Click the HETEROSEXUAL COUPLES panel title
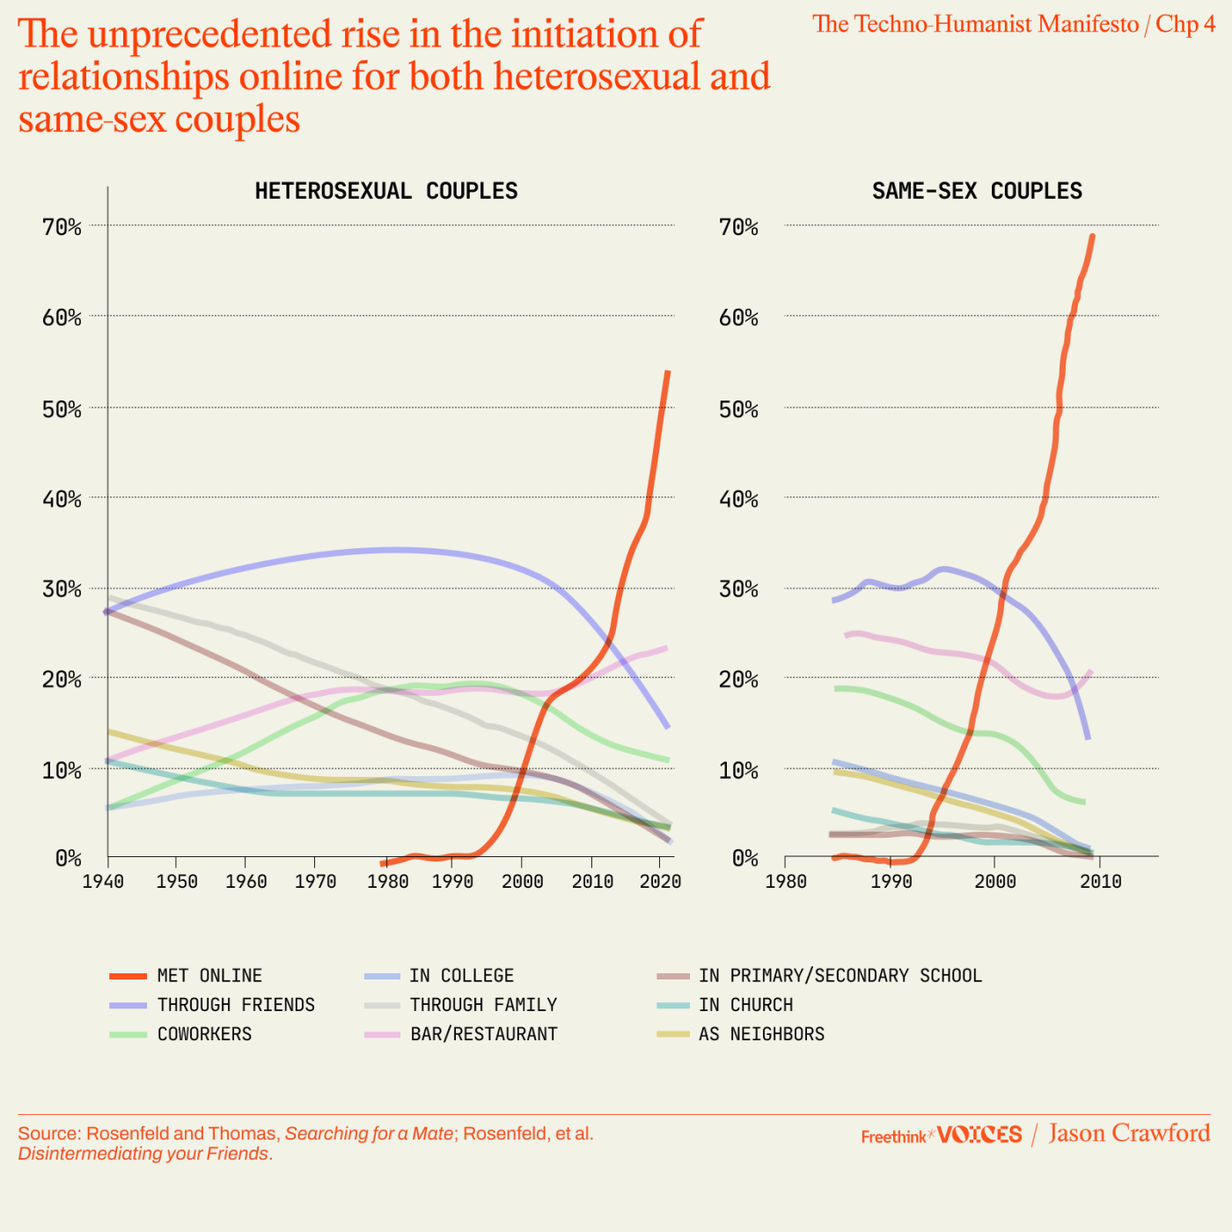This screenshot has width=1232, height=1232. (x=386, y=191)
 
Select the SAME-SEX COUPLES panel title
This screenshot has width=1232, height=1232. (x=977, y=191)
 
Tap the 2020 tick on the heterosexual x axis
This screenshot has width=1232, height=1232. (x=660, y=881)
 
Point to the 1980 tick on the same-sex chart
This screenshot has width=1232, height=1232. (x=786, y=881)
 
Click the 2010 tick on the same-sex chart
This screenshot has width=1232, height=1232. (x=1100, y=881)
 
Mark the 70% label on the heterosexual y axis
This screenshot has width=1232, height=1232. (x=62, y=227)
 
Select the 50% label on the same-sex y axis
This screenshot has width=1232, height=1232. (x=738, y=409)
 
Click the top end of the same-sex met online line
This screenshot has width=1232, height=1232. (x=1092, y=236)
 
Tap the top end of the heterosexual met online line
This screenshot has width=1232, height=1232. (x=668, y=372)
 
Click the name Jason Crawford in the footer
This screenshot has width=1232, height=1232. (x=1129, y=1133)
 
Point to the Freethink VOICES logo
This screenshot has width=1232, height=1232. (x=942, y=1135)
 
